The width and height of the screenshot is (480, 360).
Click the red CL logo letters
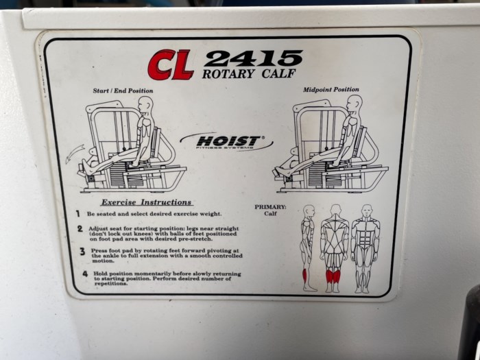[171, 65]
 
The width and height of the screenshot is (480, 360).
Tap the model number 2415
[253, 58]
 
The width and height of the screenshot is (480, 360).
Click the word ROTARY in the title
[228, 74]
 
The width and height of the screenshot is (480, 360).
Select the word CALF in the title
[278, 73]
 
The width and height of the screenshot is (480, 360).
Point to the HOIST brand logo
[226, 142]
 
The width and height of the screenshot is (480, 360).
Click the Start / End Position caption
[123, 91]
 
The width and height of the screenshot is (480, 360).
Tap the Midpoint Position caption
[331, 90]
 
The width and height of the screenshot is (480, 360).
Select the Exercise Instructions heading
[146, 202]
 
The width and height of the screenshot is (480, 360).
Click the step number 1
[78, 214]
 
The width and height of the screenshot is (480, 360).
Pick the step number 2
[80, 228]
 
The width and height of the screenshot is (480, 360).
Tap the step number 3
[82, 252]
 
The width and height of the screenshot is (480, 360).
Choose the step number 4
[85, 274]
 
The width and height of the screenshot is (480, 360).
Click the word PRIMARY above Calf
[270, 207]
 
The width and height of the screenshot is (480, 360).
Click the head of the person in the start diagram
[145, 104]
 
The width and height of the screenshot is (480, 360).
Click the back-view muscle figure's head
[336, 210]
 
